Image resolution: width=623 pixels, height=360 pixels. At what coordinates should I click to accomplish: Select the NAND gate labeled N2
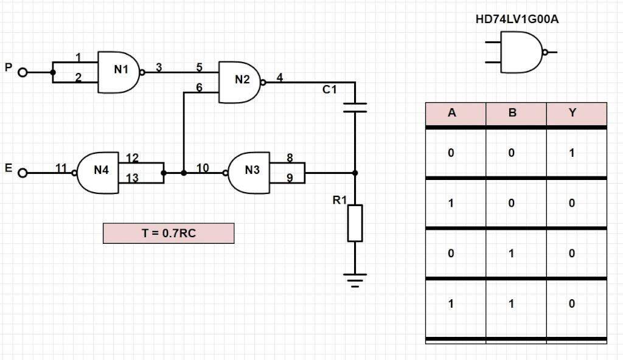(x=241, y=81)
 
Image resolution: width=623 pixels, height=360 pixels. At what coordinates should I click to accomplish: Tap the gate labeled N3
(x=249, y=173)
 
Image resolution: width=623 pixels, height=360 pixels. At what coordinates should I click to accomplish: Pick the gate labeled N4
(x=99, y=173)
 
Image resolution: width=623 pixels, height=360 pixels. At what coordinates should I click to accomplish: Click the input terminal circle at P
(x=23, y=72)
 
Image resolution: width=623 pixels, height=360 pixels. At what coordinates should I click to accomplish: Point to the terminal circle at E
(x=23, y=173)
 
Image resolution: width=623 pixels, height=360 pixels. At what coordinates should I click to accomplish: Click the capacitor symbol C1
(x=355, y=108)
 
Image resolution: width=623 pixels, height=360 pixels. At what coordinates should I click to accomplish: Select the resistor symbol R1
(x=355, y=223)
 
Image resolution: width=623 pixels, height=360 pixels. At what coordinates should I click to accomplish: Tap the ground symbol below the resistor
(x=355, y=279)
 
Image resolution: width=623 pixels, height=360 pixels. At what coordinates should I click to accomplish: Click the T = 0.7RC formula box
(x=169, y=233)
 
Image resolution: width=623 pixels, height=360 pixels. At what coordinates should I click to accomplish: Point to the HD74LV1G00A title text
(x=517, y=19)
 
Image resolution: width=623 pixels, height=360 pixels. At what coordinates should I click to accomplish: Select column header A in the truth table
(x=452, y=113)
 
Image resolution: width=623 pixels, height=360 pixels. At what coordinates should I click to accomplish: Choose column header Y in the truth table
(x=572, y=113)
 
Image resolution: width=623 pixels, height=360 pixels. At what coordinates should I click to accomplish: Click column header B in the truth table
(x=512, y=113)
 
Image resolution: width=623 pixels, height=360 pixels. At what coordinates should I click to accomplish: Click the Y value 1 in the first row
(x=572, y=153)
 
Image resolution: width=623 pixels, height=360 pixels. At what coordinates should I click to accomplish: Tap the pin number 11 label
(x=61, y=168)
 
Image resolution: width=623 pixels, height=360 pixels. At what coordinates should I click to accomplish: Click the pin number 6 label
(x=199, y=88)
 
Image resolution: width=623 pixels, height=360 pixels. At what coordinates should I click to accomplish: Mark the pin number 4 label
(x=279, y=77)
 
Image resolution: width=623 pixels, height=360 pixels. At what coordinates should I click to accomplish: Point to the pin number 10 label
(x=203, y=168)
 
